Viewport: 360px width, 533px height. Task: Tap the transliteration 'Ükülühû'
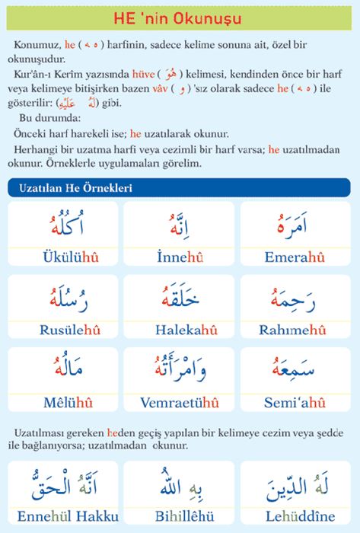62,257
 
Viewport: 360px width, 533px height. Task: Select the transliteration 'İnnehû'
179,257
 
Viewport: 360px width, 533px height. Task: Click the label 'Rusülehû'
62,330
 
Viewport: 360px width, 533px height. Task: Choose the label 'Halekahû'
179,330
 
